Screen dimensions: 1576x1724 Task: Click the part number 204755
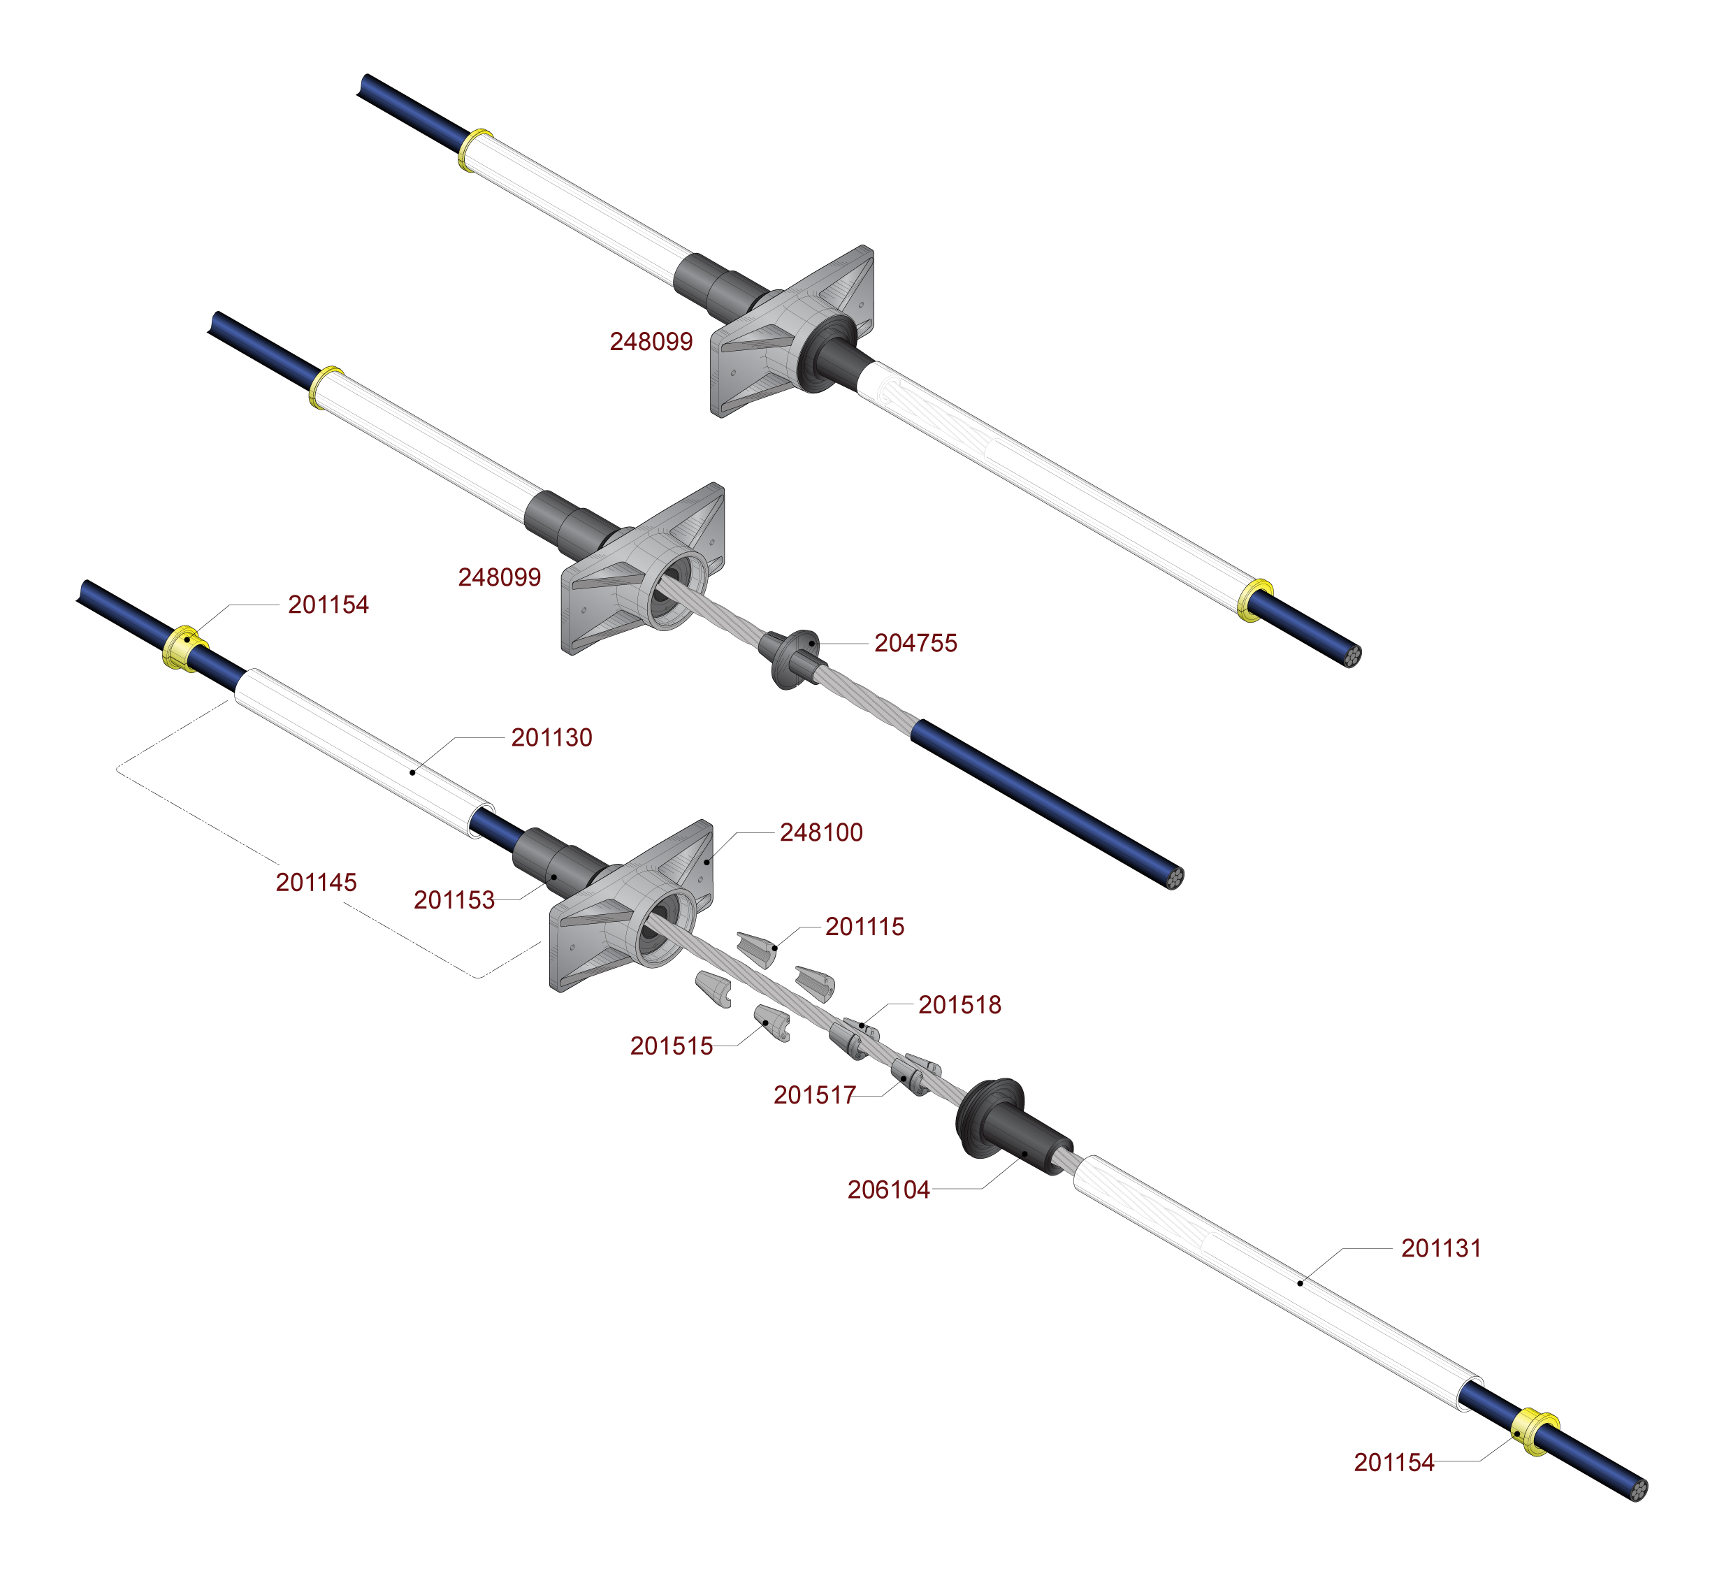915,643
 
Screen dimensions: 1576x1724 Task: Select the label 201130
551,737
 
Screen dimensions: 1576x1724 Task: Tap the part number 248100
821,832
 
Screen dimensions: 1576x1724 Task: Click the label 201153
454,899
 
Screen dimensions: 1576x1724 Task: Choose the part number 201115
864,926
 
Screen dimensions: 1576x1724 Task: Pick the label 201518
959,1005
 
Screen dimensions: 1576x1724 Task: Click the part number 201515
672,1046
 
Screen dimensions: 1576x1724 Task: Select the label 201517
814,1094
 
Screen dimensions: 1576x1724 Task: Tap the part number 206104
888,1190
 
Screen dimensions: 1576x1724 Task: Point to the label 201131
1440,1248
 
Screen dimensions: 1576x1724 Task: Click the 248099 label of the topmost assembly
651,341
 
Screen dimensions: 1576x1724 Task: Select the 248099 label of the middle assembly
500,577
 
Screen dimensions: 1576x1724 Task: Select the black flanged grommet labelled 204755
792,658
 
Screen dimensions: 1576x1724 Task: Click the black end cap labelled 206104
1009,1129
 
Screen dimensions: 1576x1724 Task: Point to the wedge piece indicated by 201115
758,948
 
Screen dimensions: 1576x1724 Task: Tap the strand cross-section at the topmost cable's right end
1351,656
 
